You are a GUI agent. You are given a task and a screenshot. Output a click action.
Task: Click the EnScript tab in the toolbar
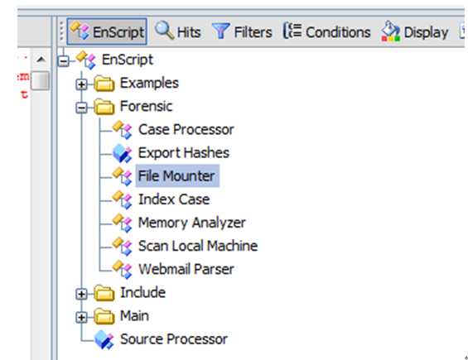coord(107,31)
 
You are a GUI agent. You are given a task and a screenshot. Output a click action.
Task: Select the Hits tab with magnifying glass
coord(178,31)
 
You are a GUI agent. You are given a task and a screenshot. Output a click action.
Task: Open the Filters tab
coord(242,31)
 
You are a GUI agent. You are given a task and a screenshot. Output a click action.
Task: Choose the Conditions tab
coord(326,31)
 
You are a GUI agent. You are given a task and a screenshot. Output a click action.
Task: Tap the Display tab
coord(415,31)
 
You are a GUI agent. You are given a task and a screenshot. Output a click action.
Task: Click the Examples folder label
coord(149,83)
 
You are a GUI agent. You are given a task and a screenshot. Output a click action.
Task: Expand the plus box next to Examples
coord(81,84)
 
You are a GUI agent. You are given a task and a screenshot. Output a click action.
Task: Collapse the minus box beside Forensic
coord(81,108)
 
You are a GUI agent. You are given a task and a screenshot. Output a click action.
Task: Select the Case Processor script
coord(186,129)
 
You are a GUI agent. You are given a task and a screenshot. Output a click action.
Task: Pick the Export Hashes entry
coord(184,153)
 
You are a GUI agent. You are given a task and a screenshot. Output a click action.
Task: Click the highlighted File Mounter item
coord(177,175)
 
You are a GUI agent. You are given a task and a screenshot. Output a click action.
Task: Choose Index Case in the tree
coord(174,199)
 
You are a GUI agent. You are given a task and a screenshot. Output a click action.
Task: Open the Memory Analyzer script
coord(192,223)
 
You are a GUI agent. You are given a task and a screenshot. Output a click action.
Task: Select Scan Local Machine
coord(198,246)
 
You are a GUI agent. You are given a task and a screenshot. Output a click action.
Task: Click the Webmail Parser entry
coord(186,269)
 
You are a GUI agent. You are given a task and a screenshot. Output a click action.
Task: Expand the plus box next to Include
coord(81,294)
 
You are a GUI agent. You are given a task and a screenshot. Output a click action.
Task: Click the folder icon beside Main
coord(104,316)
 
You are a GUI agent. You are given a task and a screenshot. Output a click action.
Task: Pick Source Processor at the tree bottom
coord(174,339)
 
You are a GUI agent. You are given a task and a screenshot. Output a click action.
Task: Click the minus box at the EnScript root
coord(64,61)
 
